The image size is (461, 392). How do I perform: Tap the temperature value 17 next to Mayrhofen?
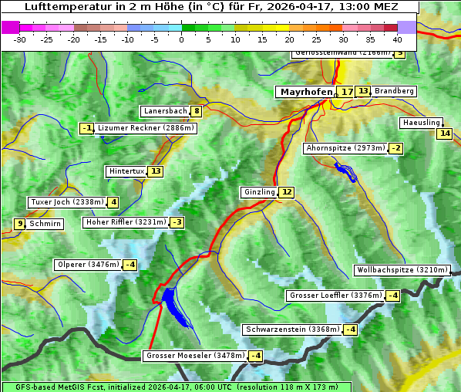(x=347, y=92)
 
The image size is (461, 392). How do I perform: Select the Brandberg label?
(x=394, y=91)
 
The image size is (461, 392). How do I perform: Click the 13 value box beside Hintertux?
(x=156, y=171)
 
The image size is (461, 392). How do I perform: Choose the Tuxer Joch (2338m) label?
(x=66, y=202)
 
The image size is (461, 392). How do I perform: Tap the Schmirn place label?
(x=45, y=224)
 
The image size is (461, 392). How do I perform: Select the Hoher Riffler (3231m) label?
(x=126, y=222)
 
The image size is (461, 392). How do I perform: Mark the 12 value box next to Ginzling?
(x=286, y=192)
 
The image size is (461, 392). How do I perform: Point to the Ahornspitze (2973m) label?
(x=345, y=147)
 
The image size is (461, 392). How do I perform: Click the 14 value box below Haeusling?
(x=444, y=133)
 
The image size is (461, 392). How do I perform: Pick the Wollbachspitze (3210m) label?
(x=401, y=270)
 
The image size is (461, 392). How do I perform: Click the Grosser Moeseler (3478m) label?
(x=195, y=356)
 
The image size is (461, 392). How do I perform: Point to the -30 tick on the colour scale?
(x=20, y=39)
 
